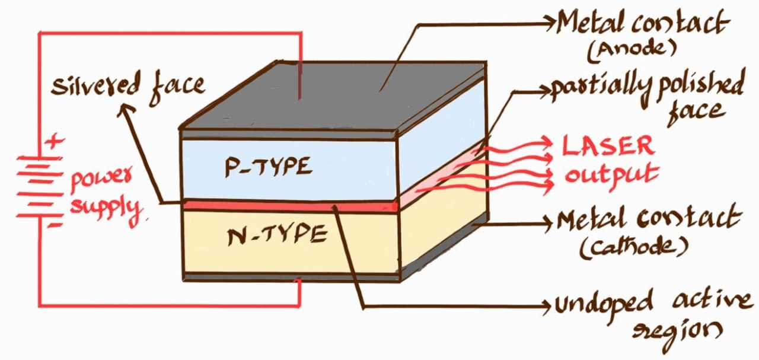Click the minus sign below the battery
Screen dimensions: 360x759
(x=52, y=225)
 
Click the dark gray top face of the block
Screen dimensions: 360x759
(x=332, y=95)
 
